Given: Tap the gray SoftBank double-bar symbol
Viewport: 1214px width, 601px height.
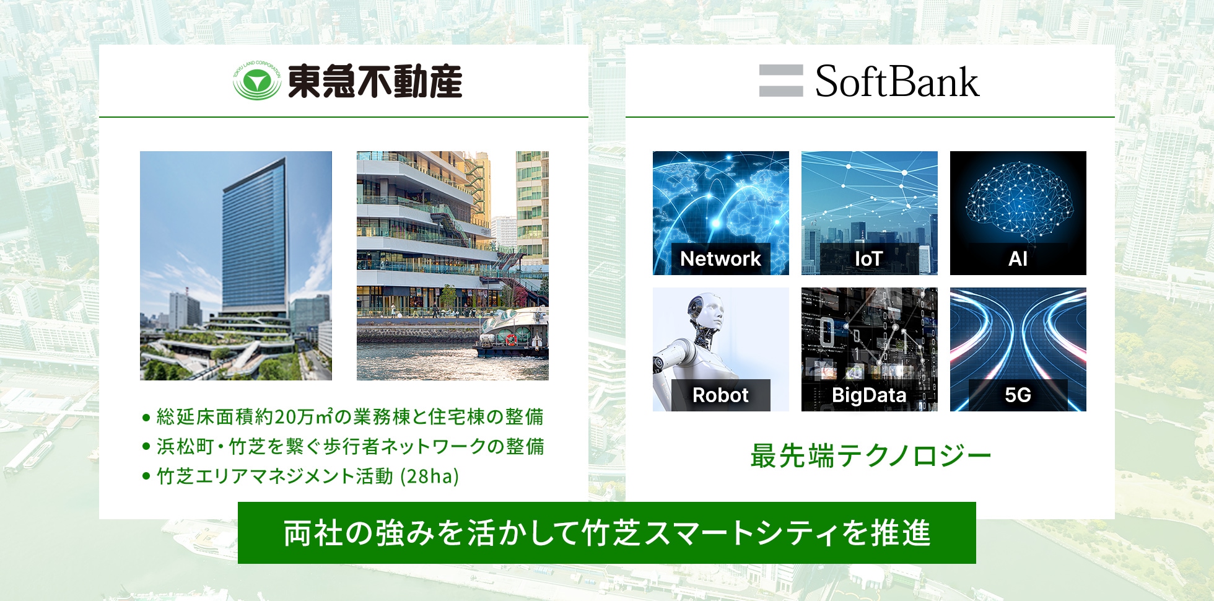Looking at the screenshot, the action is click(781, 81).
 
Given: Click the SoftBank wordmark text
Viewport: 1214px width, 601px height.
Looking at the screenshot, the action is click(897, 81).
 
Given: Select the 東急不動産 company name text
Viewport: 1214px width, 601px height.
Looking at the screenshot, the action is click(375, 81).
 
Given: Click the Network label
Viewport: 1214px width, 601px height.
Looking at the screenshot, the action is click(720, 258).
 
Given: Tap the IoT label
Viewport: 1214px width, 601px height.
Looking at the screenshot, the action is click(868, 258).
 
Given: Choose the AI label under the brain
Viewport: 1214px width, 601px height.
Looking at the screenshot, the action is click(1018, 258).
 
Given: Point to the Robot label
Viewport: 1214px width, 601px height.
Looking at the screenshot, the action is click(720, 395).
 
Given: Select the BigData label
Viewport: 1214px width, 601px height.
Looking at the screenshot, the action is click(869, 395).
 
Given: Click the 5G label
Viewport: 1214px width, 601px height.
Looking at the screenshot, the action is click(1018, 395).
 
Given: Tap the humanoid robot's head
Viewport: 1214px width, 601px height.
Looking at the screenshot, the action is click(707, 310).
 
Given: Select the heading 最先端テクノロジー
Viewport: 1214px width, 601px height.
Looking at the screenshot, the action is click(871, 456).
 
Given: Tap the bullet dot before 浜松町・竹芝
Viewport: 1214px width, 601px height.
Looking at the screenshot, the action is click(146, 446).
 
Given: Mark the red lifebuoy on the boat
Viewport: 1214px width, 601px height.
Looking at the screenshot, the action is click(511, 340).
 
